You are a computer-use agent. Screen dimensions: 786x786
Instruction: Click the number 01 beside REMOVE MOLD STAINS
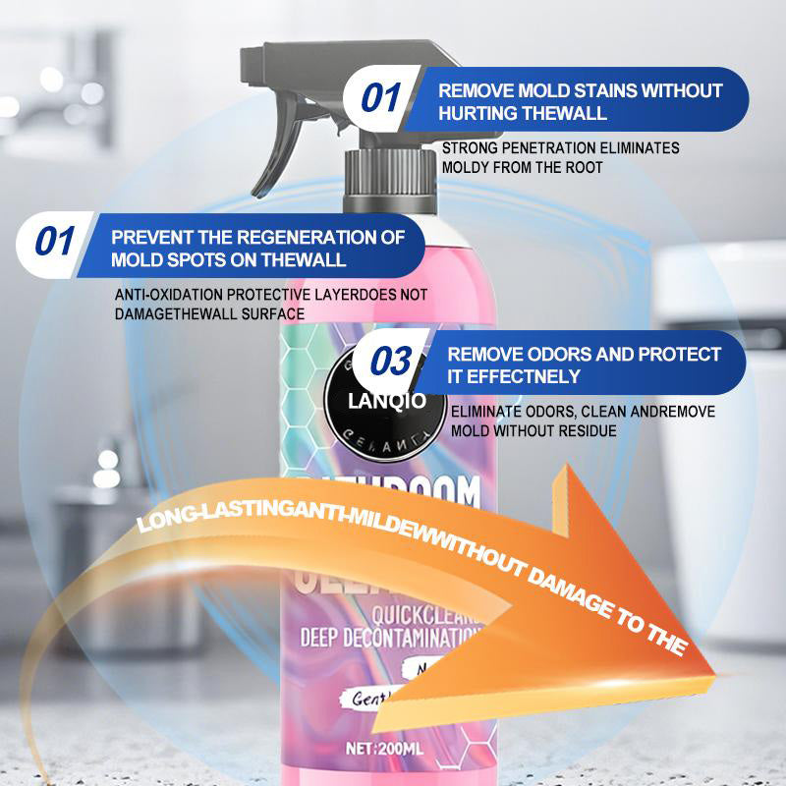[381, 99]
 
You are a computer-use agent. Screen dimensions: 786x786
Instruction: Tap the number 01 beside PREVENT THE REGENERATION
[55, 242]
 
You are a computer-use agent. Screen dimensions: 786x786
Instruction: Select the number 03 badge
[391, 362]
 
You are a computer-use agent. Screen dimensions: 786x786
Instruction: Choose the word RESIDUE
[587, 430]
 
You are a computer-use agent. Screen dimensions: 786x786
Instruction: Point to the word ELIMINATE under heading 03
[483, 412]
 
